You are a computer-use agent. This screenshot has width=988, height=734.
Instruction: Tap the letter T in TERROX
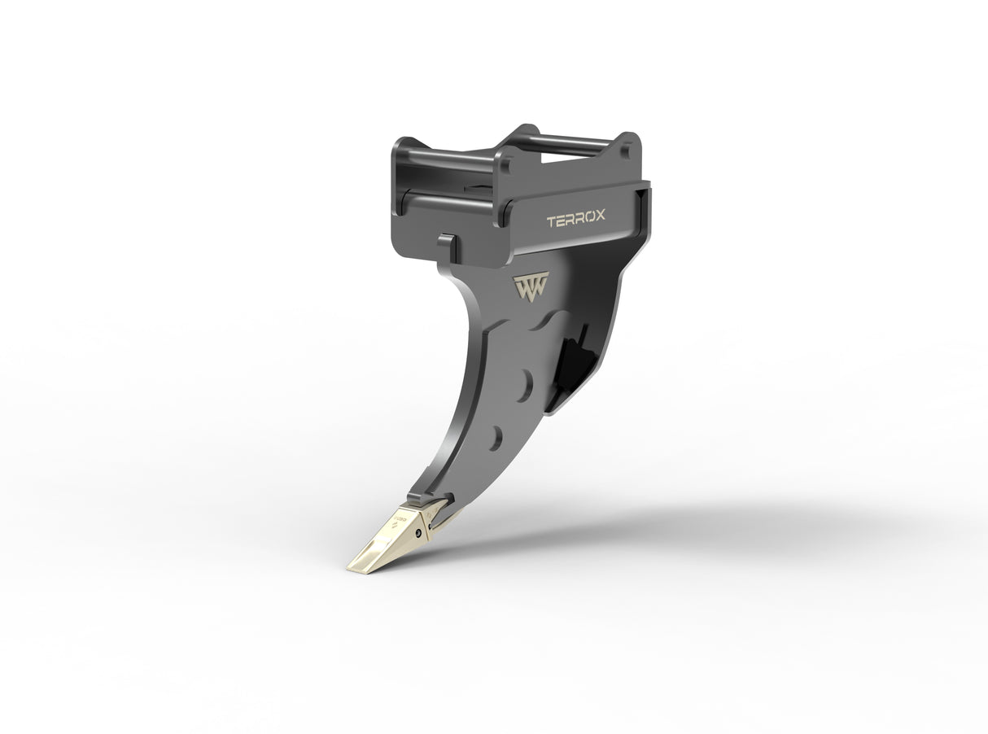551,221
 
